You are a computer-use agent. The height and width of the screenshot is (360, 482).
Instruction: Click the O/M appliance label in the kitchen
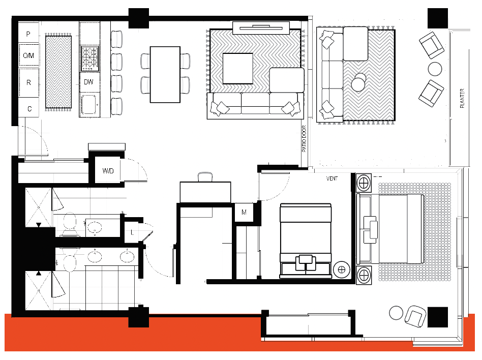click(28, 55)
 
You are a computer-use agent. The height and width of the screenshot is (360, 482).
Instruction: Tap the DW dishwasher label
click(88, 82)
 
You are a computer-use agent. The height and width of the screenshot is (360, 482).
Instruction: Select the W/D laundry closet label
click(108, 171)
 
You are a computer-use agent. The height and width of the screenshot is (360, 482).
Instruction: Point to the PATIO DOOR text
click(304, 139)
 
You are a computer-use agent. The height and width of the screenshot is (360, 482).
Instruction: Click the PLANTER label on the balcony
click(462, 98)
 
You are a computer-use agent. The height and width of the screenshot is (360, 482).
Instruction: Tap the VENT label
click(332, 178)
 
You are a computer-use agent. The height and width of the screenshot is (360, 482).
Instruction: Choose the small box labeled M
click(244, 212)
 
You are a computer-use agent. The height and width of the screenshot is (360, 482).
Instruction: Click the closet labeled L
click(132, 232)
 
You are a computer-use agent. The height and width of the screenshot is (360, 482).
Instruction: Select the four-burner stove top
click(90, 58)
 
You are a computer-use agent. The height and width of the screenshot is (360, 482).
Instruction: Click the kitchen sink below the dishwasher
click(89, 105)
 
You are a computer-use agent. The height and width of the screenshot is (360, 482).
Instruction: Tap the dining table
click(165, 74)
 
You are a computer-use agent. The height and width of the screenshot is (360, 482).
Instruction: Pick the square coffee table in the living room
click(238, 69)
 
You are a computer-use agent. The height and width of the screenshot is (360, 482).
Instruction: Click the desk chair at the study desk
click(205, 177)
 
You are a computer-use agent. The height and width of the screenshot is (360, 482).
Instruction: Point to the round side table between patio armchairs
click(435, 69)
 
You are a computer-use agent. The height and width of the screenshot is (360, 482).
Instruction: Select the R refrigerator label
click(28, 82)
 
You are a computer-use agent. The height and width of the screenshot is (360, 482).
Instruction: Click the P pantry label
click(28, 34)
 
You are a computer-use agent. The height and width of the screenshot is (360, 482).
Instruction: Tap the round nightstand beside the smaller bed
click(342, 269)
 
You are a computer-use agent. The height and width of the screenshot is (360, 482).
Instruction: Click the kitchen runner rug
click(58, 72)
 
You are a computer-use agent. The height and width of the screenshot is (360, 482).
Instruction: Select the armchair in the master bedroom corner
click(415, 316)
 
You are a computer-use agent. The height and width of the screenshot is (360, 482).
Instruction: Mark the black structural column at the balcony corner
click(438, 18)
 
